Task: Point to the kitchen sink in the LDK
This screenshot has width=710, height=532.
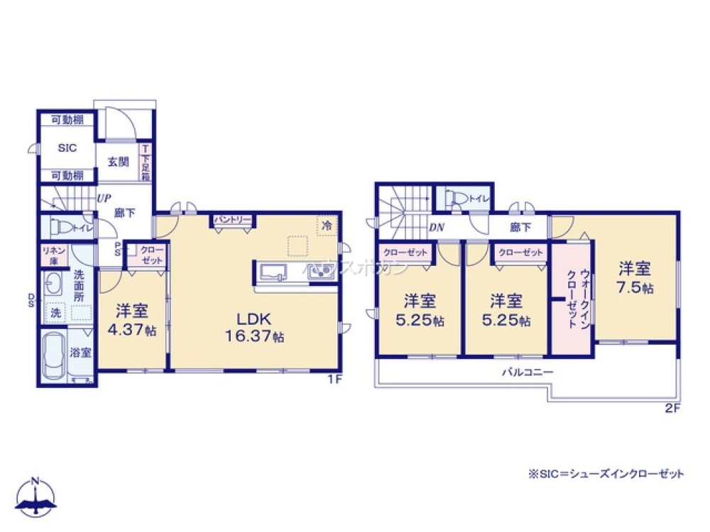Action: pos(273,272)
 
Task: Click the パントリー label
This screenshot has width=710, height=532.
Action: pos(231,220)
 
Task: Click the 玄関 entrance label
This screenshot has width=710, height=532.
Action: pos(118,161)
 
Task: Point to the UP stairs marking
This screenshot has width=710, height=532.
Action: pos(102,199)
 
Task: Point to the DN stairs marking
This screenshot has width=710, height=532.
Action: pos(437,227)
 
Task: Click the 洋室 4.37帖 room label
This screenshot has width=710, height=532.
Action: pos(131,320)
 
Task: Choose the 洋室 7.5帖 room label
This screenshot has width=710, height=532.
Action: pos(635,279)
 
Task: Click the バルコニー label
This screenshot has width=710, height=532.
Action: pos(527,371)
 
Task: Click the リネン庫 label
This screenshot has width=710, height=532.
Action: pos(53,255)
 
